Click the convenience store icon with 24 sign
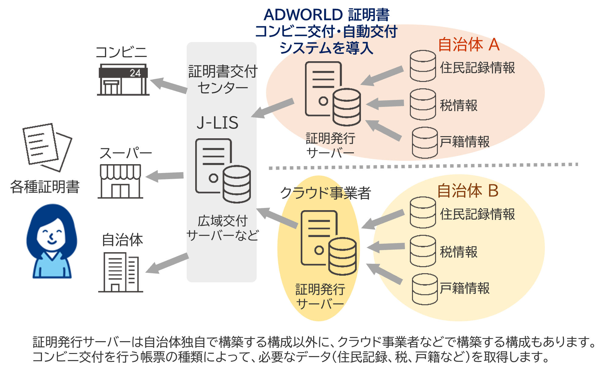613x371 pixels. coord(123,79)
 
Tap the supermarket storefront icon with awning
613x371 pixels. coord(120,181)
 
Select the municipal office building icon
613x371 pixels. coord(121,272)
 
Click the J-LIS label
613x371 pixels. coord(217,123)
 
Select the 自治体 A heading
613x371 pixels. coord(469,45)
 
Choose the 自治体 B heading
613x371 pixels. coord(468,191)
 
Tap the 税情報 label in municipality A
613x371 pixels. coord(459,105)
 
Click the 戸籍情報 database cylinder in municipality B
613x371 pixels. coord(424,289)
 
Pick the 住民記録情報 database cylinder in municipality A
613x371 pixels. coord(423,66)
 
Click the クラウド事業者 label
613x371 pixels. coord(325,193)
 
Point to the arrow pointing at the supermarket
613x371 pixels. coord(165,176)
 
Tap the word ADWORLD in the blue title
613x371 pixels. coord(303,15)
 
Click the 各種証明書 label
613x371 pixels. coord(45,186)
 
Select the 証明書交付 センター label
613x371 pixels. coord(223,79)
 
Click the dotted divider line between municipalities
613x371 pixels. coord(423,166)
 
